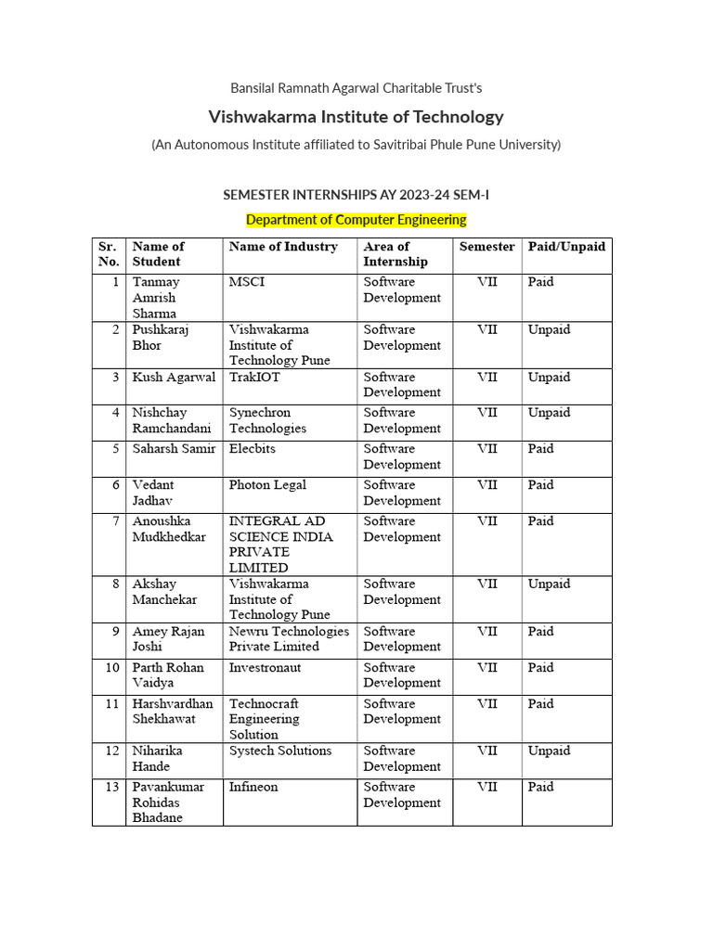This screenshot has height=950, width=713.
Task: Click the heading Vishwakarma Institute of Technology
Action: tap(356, 117)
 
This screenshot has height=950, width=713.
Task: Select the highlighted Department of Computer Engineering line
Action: tap(356, 220)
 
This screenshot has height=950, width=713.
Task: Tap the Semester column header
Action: tap(486, 247)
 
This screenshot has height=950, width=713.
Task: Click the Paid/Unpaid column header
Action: tap(566, 247)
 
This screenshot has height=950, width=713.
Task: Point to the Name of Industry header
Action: tap(283, 247)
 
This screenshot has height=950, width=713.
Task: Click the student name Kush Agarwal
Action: tap(174, 378)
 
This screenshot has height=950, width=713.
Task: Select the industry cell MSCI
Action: tap(247, 282)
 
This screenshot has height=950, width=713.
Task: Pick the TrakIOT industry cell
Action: tap(254, 378)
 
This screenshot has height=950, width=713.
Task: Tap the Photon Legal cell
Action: tap(267, 485)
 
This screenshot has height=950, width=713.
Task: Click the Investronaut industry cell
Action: tap(265, 668)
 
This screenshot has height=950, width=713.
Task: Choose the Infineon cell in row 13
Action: tap(253, 788)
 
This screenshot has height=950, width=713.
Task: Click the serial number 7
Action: tap(115, 521)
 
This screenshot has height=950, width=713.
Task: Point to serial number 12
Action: tap(112, 751)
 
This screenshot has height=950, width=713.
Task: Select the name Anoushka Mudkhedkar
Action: tap(169, 529)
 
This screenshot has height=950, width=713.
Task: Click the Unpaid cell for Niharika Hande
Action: tap(549, 751)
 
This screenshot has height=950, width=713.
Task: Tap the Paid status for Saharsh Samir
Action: tap(540, 449)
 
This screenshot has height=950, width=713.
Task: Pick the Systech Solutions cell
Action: tap(280, 751)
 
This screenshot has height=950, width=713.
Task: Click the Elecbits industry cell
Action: tap(253, 449)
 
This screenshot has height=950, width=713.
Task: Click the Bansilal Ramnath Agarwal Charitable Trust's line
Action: tap(356, 88)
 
